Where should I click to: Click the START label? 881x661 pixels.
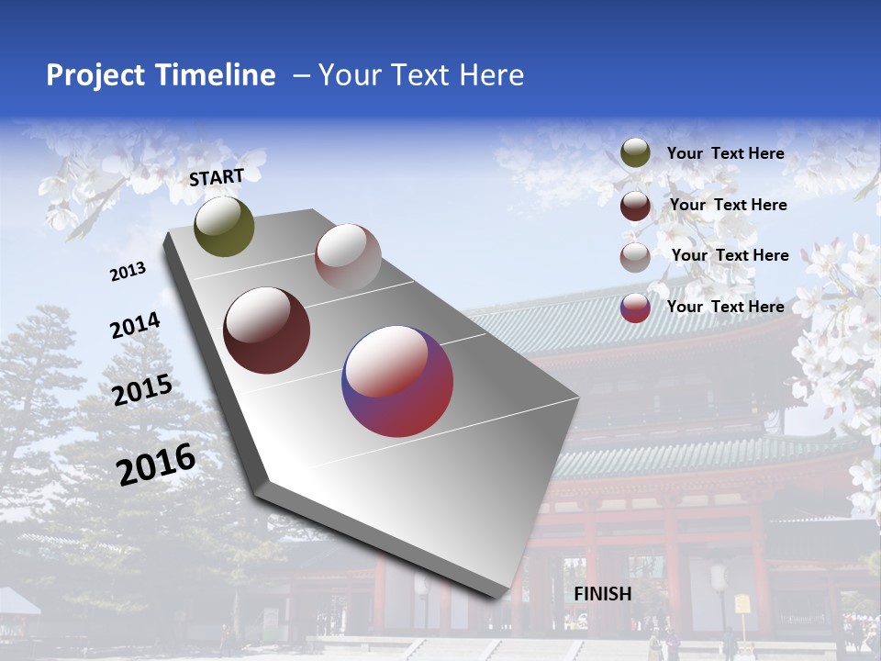point(217,177)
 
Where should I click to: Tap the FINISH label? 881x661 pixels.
point(602,594)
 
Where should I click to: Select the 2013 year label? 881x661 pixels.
point(128,272)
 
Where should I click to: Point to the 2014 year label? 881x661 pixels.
point(135,325)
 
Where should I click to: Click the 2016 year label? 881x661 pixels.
point(156,464)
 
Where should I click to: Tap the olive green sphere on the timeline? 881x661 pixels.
point(224,226)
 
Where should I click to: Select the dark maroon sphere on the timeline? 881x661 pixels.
point(266,330)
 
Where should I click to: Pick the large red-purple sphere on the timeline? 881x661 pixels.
point(397,381)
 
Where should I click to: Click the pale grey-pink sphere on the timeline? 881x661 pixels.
point(348,256)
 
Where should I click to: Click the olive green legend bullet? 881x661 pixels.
point(635,153)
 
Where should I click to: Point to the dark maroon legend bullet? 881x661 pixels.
point(635,206)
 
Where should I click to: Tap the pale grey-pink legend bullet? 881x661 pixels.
point(635,256)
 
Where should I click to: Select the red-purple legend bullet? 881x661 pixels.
point(635,307)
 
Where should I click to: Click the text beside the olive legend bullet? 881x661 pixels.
point(725,153)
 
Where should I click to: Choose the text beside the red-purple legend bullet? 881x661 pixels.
point(725,307)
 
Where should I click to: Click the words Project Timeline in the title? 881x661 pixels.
point(161,75)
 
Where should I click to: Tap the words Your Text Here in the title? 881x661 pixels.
point(420,75)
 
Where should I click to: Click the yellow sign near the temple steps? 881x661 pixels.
point(742,604)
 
